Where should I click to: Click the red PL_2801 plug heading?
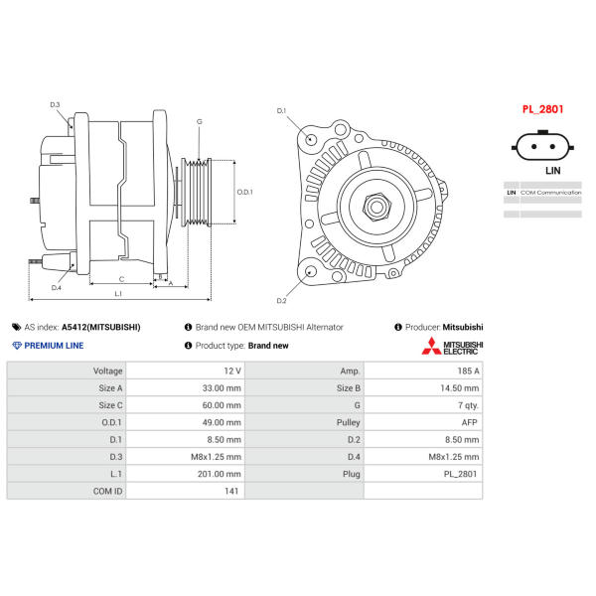pyautogui.click(x=542, y=109)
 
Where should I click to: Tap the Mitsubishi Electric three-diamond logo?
pyautogui.click(x=431, y=346)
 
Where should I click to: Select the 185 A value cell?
pyautogui.click(x=468, y=371)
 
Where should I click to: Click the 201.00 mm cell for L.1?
pyautogui.click(x=219, y=474)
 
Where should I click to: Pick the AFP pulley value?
pyautogui.click(x=469, y=422)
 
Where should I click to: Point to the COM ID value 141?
pyautogui.click(x=231, y=491)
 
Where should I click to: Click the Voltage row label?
pyautogui.click(x=108, y=371)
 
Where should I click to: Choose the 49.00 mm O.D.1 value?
pyautogui.click(x=222, y=422)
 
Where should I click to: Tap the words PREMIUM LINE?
pyautogui.click(x=54, y=346)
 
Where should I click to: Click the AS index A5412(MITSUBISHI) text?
pyautogui.click(x=101, y=327)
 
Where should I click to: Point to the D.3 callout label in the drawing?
pyautogui.click(x=55, y=104)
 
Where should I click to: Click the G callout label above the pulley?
pyautogui.click(x=200, y=121)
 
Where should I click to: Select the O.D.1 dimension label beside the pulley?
pyautogui.click(x=244, y=192)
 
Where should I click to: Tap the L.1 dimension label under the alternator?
pyautogui.click(x=118, y=293)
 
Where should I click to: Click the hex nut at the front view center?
pyautogui.click(x=376, y=208)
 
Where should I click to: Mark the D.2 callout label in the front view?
pyautogui.click(x=281, y=301)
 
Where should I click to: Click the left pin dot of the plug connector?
pyautogui.click(x=534, y=147)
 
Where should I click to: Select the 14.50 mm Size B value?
pyautogui.click(x=460, y=388)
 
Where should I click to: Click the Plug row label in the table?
pyautogui.click(x=352, y=474)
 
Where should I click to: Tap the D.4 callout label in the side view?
pyautogui.click(x=57, y=288)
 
